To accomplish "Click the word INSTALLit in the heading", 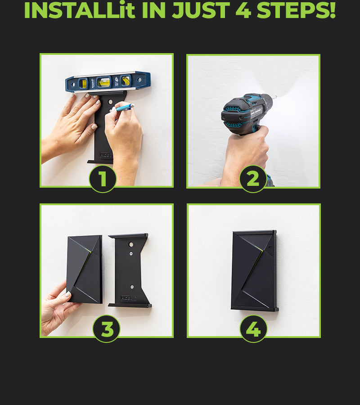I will [x=80, y=11].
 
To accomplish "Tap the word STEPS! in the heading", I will [x=296, y=11].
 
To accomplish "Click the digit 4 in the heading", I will [x=243, y=11].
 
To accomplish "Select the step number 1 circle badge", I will [x=103, y=179].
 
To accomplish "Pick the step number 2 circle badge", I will [x=253, y=179].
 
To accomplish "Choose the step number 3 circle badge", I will [x=106, y=329].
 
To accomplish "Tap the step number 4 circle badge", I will [x=253, y=329].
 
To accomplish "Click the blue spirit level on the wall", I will [x=108, y=82].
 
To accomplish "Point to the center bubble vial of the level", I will [x=104, y=82].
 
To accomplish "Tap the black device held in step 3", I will [x=85, y=269].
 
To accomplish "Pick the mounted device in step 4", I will [x=254, y=270].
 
